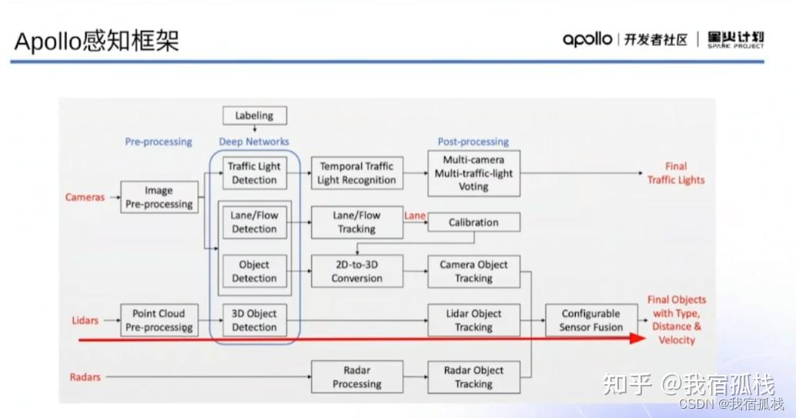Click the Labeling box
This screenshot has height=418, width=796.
click(x=254, y=115)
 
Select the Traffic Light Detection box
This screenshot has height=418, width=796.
click(x=254, y=173)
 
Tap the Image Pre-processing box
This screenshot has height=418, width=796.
click(x=159, y=197)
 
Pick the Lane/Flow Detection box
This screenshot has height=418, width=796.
click(x=254, y=222)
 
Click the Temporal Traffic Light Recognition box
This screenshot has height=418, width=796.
click(x=356, y=173)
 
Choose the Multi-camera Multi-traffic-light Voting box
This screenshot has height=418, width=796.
click(x=473, y=173)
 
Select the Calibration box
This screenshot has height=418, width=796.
click(x=473, y=222)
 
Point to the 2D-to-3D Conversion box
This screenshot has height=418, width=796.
click(x=356, y=271)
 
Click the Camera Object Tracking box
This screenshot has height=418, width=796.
click(x=473, y=271)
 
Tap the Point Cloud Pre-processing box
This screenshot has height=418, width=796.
click(x=159, y=320)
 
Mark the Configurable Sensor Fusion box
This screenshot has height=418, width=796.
click(x=591, y=320)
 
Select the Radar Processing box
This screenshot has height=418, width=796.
click(x=356, y=377)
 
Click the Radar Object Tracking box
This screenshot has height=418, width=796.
click(x=473, y=377)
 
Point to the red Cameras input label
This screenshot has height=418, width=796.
click(x=85, y=197)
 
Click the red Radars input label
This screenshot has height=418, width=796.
click(x=85, y=377)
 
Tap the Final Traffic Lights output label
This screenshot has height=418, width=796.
click(x=676, y=173)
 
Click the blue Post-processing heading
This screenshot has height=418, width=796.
click(x=473, y=142)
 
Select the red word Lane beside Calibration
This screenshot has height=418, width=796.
click(x=414, y=216)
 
